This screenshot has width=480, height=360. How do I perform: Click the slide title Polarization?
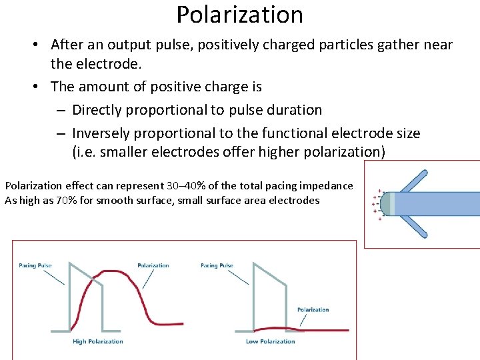tap(239, 14)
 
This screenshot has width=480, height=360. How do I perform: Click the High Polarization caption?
tap(98, 341)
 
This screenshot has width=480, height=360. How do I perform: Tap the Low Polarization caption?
tap(271, 341)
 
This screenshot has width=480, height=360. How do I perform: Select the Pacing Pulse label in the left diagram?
tap(35, 265)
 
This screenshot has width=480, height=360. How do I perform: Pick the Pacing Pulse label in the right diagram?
tap(217, 265)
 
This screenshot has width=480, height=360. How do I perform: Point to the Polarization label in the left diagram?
tap(153, 265)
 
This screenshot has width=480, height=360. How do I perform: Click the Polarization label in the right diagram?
tap(313, 310)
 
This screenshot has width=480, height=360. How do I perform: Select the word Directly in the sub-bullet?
tap(97, 110)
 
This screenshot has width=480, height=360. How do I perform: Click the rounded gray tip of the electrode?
tap(385, 203)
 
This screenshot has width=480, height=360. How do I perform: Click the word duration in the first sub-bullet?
tap(292, 110)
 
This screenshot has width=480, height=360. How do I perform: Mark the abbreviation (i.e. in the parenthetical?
tap(85, 152)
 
